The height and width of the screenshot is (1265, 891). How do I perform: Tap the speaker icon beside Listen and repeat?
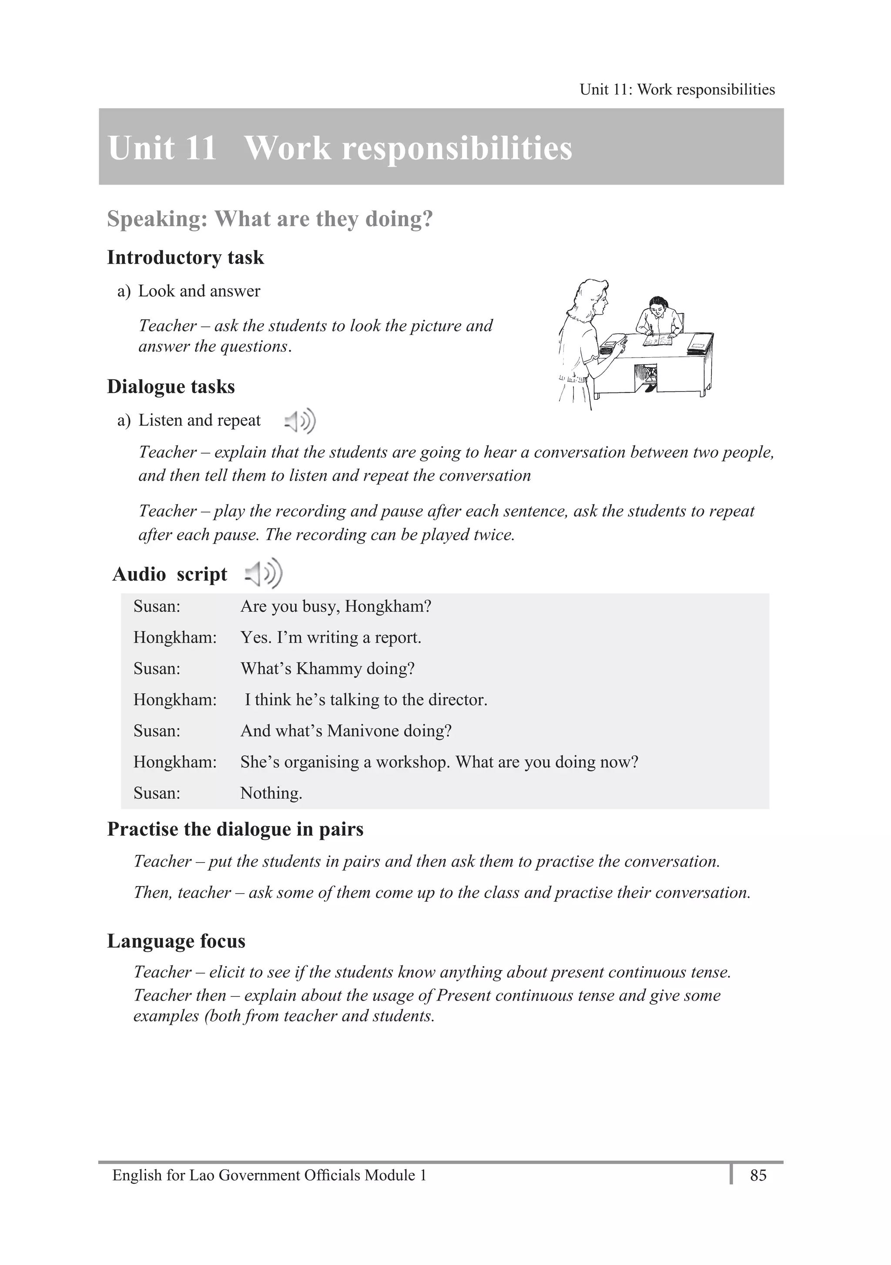(x=300, y=422)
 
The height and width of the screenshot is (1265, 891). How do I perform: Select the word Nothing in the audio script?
(x=271, y=793)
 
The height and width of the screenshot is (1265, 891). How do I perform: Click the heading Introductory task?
(x=185, y=257)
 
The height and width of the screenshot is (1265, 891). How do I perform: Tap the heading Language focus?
(x=176, y=940)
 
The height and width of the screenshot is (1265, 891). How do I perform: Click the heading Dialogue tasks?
(x=171, y=386)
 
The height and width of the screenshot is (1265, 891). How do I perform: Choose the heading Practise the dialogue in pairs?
(x=235, y=829)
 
